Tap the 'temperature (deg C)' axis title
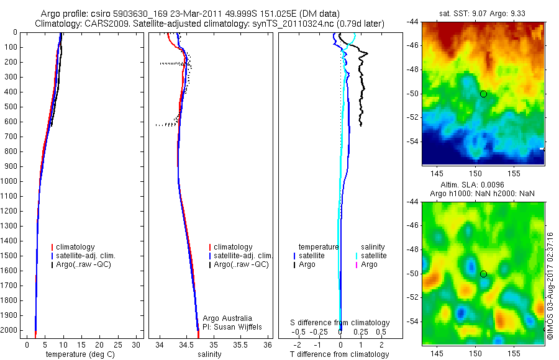78,354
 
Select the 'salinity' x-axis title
208,354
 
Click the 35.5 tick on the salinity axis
240,344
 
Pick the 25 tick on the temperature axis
120,344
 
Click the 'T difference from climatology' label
340,354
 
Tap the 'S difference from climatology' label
340,323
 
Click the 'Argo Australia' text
227,318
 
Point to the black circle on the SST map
483,94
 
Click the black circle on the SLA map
483,274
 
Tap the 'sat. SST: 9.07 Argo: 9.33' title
483,12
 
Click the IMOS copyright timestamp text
550,286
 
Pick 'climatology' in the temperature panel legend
75,247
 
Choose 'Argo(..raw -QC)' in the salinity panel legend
241,264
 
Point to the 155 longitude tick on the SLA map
514,353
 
